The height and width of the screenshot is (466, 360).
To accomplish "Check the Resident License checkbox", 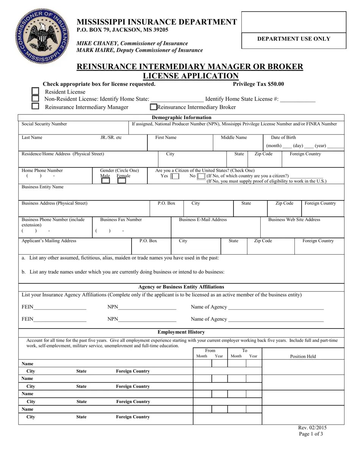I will pyautogui.click(x=35, y=91).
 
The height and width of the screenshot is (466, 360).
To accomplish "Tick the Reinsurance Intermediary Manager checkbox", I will pyautogui.click(x=35, y=106).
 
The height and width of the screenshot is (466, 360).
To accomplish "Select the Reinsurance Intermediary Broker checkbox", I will pyautogui.click(x=153, y=107).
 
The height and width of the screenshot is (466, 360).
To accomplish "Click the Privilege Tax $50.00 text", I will pyautogui.click(x=258, y=84).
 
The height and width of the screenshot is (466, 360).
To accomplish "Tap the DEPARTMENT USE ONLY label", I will pyautogui.click(x=294, y=39).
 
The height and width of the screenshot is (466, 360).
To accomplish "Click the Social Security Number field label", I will pyautogui.click(x=44, y=124).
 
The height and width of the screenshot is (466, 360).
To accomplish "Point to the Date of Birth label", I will pyautogui.click(x=283, y=138).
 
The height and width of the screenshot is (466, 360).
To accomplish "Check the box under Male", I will pyautogui.click(x=106, y=181).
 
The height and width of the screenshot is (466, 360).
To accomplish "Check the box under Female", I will pyautogui.click(x=122, y=181).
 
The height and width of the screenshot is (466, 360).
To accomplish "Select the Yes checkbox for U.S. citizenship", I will pyautogui.click(x=175, y=177).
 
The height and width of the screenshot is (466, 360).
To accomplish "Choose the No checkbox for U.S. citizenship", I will pyautogui.click(x=201, y=177).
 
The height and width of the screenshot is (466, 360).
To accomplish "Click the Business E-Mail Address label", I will pyautogui.click(x=203, y=220).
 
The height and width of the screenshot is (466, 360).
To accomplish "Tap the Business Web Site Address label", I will pyautogui.click(x=294, y=220).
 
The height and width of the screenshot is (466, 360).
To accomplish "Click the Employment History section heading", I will pyautogui.click(x=181, y=332).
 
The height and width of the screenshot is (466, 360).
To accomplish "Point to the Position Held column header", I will pyautogui.click(x=303, y=357).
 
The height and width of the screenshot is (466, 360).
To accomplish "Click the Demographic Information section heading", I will pyautogui.click(x=182, y=117).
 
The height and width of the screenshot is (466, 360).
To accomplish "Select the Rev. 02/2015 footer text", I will pyautogui.click(x=312, y=428).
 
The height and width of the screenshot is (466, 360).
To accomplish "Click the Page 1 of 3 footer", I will pyautogui.click(x=311, y=434).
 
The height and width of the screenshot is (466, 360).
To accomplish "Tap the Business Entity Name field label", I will pyautogui.click(x=42, y=187).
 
